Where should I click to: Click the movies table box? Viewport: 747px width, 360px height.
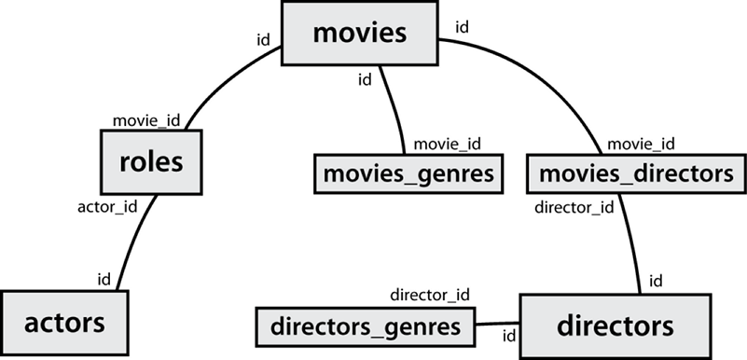coord(360,34)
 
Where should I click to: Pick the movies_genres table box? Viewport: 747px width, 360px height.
coord(407,173)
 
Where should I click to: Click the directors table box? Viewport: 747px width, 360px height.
coord(615,325)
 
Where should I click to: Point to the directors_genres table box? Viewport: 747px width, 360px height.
coord(365,326)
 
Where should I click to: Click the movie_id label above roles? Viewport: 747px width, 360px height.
coord(146,121)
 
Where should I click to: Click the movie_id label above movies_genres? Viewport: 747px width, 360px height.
coord(447,144)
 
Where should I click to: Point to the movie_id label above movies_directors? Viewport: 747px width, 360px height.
coord(641,144)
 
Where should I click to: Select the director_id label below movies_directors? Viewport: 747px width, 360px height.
coord(574,207)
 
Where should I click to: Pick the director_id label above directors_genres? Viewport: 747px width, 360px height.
coord(430,295)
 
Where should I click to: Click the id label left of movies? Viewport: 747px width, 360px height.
coord(263,40)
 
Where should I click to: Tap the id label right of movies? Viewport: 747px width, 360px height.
coord(462,26)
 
